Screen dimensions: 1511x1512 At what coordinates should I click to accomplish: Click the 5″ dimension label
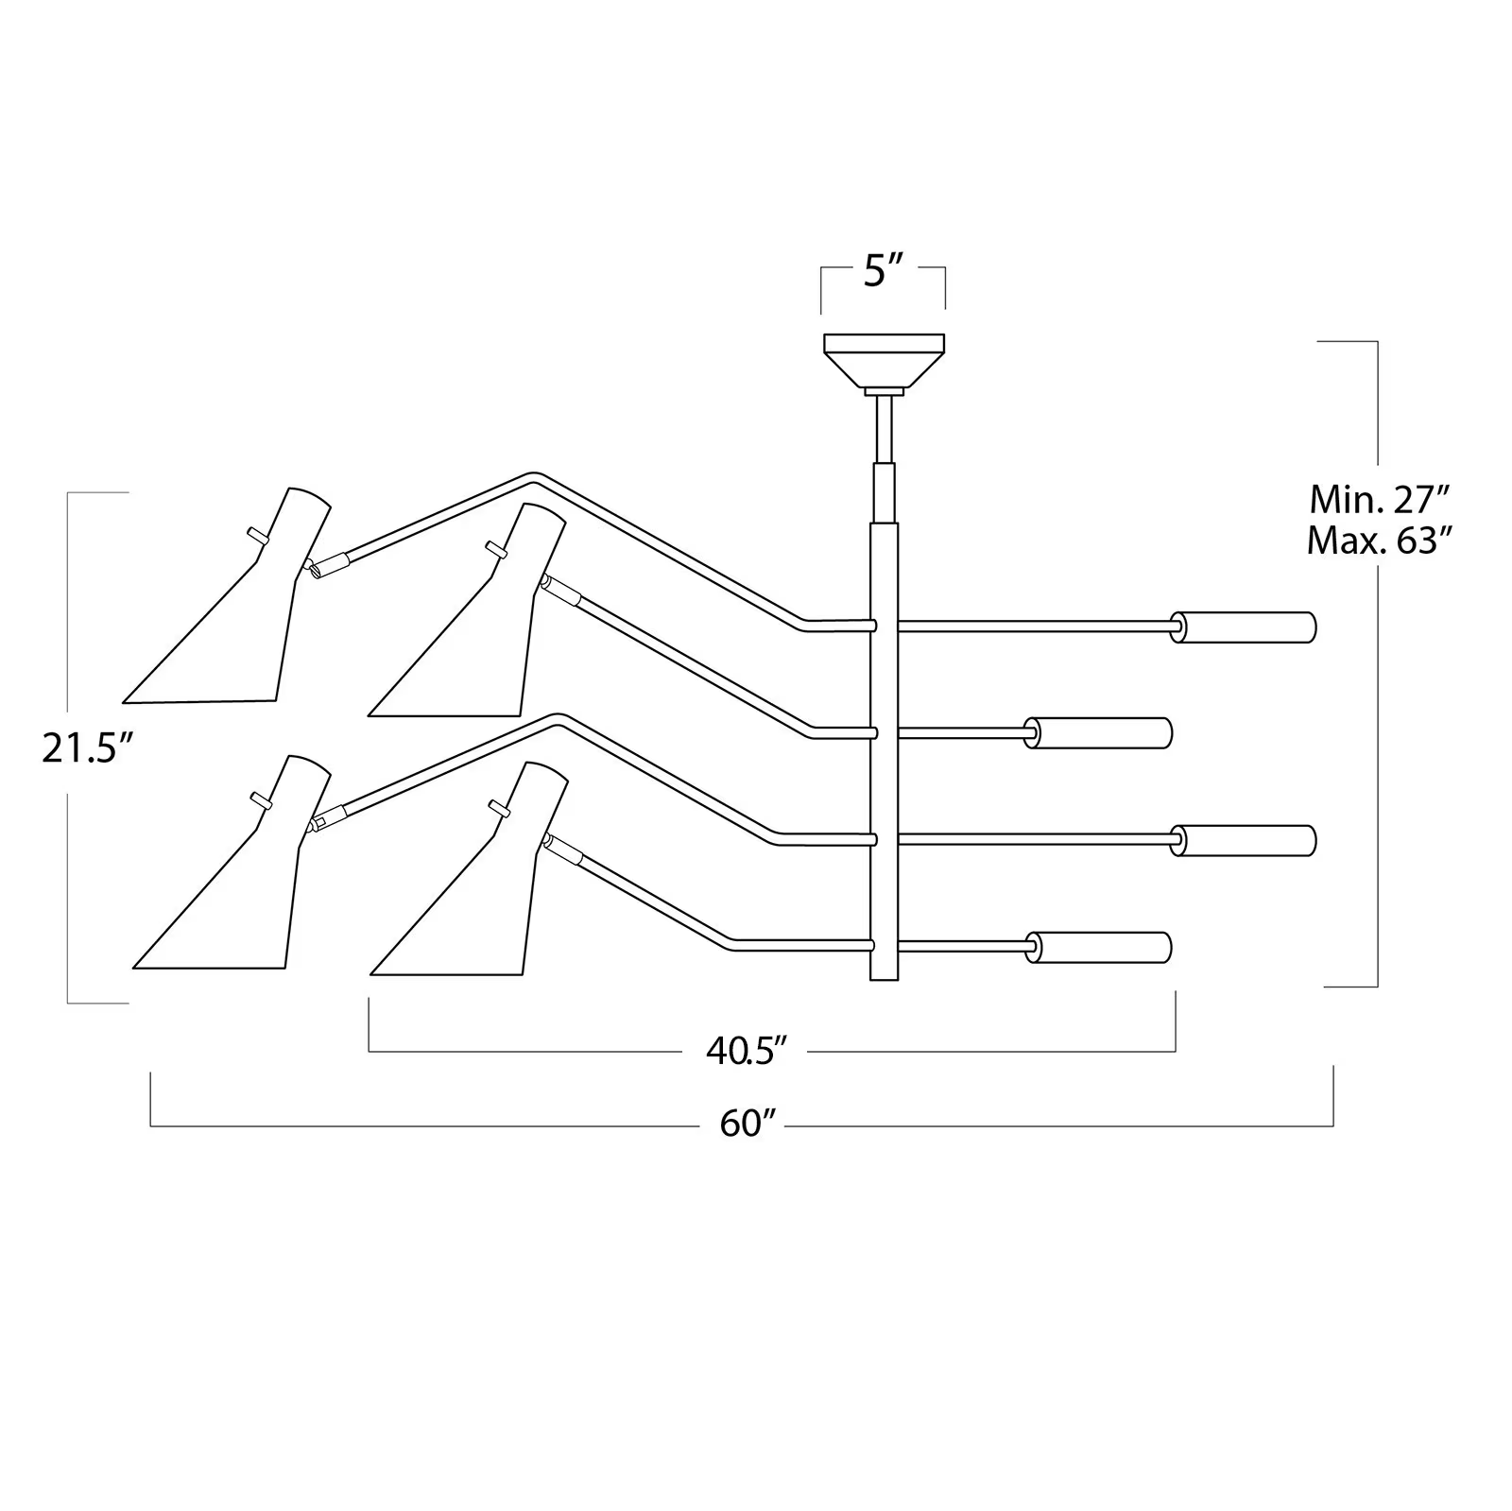(x=883, y=272)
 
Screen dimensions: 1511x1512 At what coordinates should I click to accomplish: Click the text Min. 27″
(x=1379, y=498)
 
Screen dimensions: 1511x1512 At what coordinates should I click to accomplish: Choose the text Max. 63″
(x=1379, y=541)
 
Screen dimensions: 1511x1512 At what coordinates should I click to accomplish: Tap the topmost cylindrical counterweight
(x=1244, y=627)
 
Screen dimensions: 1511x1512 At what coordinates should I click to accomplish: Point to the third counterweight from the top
(x=1244, y=840)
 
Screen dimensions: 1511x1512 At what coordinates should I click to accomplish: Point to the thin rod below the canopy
(x=885, y=429)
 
